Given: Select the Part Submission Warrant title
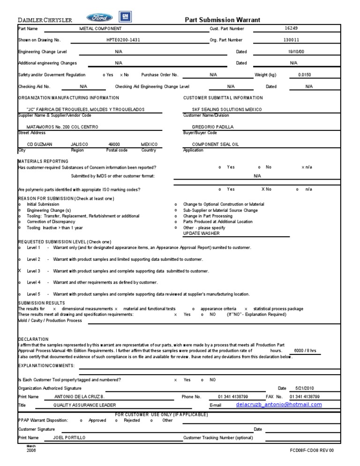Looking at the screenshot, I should (222, 20).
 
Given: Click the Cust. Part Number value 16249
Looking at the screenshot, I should (291, 29).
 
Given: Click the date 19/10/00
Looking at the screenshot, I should (296, 52).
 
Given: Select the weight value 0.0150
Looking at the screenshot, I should (304, 75).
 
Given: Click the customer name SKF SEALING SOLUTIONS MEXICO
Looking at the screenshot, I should (224, 109).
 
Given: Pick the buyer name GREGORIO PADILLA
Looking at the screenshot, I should (213, 127).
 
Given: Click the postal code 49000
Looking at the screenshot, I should (114, 144).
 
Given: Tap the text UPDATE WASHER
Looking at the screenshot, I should (201, 233).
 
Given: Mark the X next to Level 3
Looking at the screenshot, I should (20, 271).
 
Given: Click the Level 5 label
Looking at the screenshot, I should (33, 294).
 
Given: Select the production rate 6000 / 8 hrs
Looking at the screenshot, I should (305, 350).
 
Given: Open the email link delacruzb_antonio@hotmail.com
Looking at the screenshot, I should (279, 405).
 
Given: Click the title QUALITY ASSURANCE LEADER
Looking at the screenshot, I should (84, 405).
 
